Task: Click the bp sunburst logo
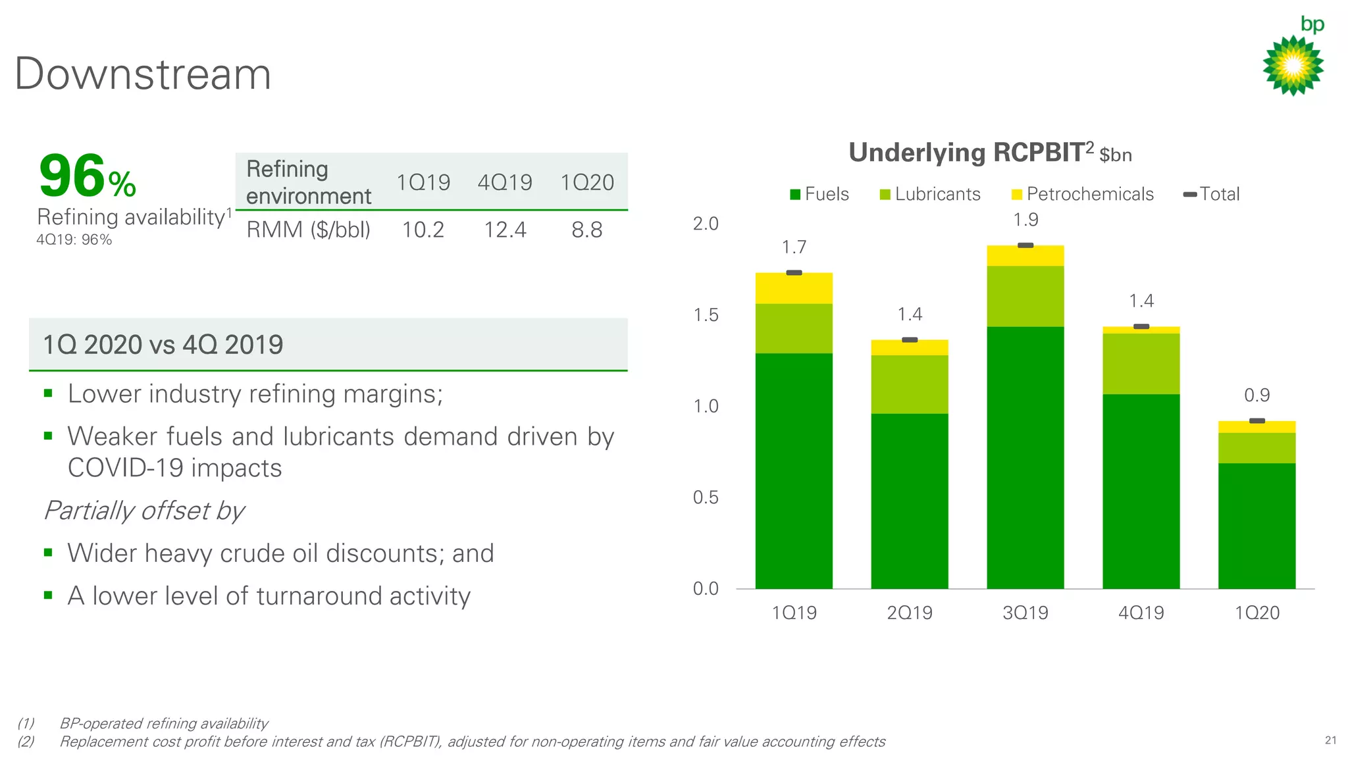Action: click(x=1293, y=65)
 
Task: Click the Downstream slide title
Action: click(x=143, y=74)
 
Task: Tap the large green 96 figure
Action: click(x=72, y=176)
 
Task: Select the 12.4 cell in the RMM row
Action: click(x=505, y=230)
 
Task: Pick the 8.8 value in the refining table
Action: click(x=586, y=230)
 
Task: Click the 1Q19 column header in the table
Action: click(x=423, y=182)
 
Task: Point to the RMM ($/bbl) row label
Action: click(x=308, y=230)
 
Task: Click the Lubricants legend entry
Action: click(x=930, y=194)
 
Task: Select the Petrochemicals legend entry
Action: click(x=1082, y=194)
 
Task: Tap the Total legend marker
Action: click(x=1190, y=194)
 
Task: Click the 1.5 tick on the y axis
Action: click(x=706, y=315)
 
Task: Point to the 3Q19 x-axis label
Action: click(x=1025, y=613)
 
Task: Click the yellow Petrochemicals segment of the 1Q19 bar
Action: click(x=794, y=288)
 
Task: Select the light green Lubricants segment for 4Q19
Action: click(x=1141, y=363)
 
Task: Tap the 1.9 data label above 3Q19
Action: click(x=1025, y=220)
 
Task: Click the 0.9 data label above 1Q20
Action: click(x=1257, y=395)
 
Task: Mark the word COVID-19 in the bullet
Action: click(x=125, y=468)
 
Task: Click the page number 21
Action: click(x=1330, y=740)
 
